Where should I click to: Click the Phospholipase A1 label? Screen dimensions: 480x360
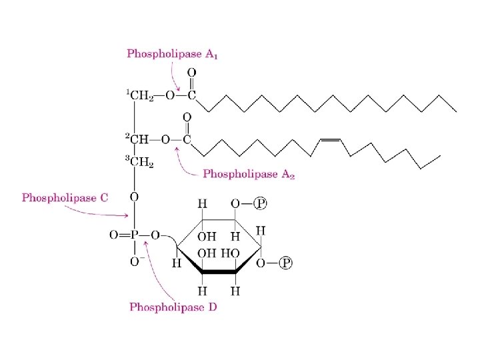[x=173, y=54]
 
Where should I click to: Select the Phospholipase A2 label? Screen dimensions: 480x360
[x=249, y=175]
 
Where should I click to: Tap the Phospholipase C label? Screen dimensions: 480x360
[x=65, y=197]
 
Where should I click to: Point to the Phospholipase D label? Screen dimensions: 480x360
[x=173, y=307]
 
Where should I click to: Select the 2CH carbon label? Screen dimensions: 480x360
[x=139, y=139]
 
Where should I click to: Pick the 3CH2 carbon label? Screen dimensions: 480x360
[x=140, y=163]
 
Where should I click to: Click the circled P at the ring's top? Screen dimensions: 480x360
[x=263, y=203]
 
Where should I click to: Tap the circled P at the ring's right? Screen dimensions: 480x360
[x=286, y=263]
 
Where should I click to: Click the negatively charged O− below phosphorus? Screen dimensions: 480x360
[x=135, y=262]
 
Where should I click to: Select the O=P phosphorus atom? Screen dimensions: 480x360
[x=134, y=235]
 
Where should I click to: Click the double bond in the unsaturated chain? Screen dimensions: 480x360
[x=331, y=140]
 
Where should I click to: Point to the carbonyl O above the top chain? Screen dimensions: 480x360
[x=191, y=71]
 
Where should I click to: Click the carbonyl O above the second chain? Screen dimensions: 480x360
[x=187, y=117]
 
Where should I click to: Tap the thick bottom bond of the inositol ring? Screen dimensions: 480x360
[x=220, y=272]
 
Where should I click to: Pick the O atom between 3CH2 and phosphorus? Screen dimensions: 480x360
[x=134, y=197]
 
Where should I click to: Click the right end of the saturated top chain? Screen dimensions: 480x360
[x=456, y=110]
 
